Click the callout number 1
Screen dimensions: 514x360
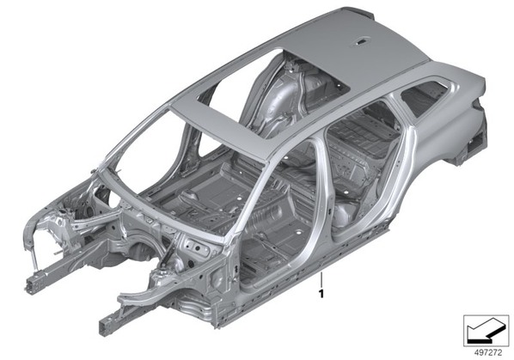tap(321, 294)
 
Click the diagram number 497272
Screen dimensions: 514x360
tap(488, 352)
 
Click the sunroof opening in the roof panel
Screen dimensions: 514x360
tap(273, 95)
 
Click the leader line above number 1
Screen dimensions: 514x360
tap(321, 278)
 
